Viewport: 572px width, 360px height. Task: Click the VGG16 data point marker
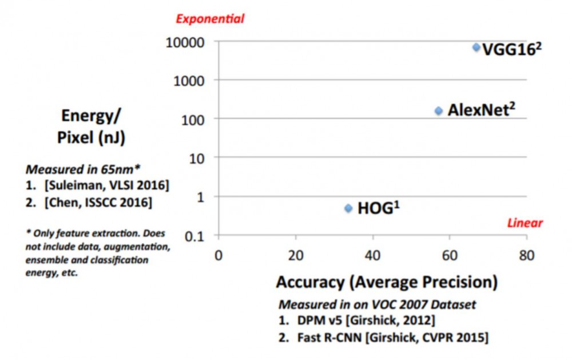(x=476, y=47)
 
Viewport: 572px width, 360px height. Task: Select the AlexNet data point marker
(x=439, y=110)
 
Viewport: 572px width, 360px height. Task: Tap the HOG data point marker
(x=348, y=208)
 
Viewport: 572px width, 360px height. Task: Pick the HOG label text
(x=378, y=208)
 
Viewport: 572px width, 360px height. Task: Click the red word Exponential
(x=210, y=19)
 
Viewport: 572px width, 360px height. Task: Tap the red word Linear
(x=525, y=223)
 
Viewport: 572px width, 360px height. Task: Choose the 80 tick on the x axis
(x=526, y=255)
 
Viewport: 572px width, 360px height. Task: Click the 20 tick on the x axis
(x=295, y=255)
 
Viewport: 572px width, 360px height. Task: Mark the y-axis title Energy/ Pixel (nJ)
(x=92, y=127)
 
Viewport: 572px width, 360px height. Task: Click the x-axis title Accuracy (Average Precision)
(x=387, y=282)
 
